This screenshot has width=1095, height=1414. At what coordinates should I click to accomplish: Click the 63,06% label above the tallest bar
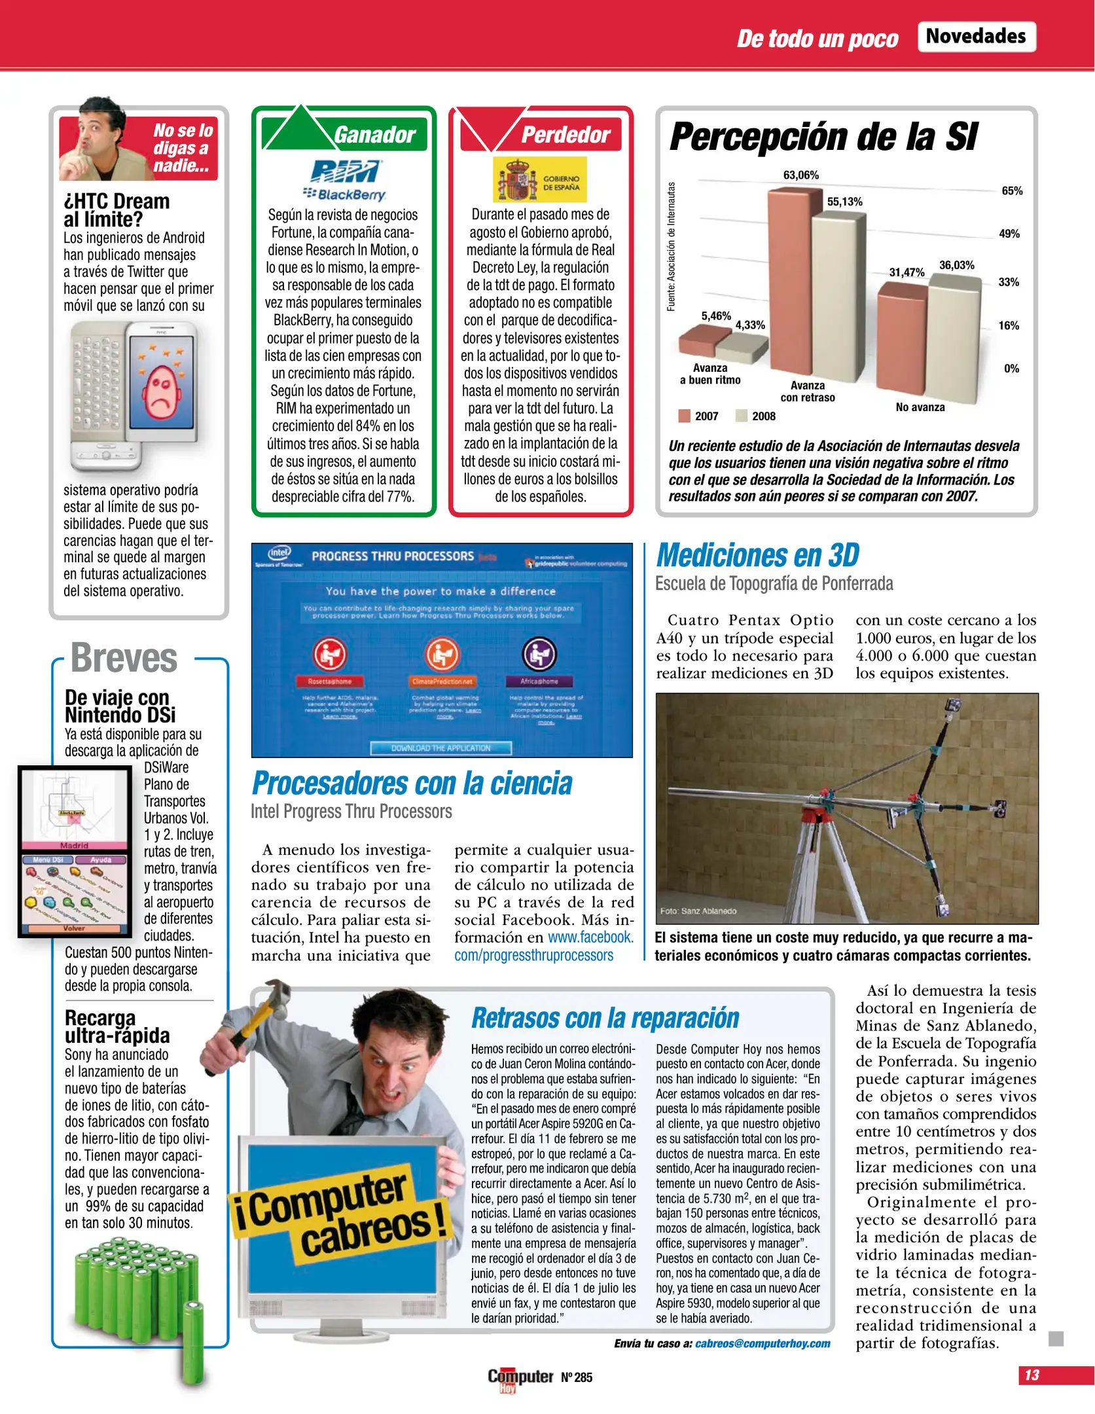pyautogui.click(x=800, y=175)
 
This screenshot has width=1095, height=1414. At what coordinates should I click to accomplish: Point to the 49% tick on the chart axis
pyautogui.click(x=1009, y=234)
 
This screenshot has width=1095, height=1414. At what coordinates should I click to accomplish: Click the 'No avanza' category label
pyautogui.click(x=920, y=407)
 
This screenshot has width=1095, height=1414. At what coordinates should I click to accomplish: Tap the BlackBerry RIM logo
pyautogui.click(x=345, y=180)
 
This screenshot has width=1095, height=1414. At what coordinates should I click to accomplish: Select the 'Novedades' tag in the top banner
pyautogui.click(x=975, y=36)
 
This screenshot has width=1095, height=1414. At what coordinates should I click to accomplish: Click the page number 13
pyautogui.click(x=1032, y=1375)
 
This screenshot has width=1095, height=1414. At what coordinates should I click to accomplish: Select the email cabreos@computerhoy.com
pyautogui.click(x=762, y=1343)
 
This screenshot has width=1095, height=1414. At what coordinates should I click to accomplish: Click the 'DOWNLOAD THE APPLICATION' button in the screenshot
pyautogui.click(x=440, y=748)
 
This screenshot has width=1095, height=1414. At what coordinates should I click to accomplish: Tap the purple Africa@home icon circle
pyautogui.click(x=539, y=653)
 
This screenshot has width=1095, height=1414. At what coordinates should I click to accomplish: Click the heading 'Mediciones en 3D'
pyautogui.click(x=757, y=556)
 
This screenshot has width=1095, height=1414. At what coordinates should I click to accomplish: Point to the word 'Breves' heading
pyautogui.click(x=124, y=658)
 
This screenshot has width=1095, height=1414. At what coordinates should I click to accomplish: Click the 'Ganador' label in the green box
pyautogui.click(x=374, y=135)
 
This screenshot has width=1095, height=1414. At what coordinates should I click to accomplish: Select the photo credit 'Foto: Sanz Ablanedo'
pyautogui.click(x=698, y=911)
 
